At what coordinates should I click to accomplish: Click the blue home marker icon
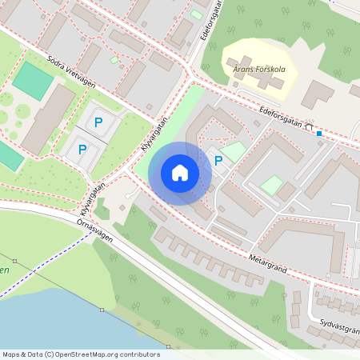pos(180,173)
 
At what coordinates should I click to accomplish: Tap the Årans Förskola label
pos(258,68)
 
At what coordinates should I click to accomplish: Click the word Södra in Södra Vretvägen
pos(58,62)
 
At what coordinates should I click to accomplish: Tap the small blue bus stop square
pos(319,133)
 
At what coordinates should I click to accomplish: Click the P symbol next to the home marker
pos(218,161)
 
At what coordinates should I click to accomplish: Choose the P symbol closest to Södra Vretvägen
pos(98,122)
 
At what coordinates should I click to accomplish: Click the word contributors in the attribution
pos(141,354)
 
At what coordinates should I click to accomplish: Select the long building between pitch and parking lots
pos(48,120)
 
